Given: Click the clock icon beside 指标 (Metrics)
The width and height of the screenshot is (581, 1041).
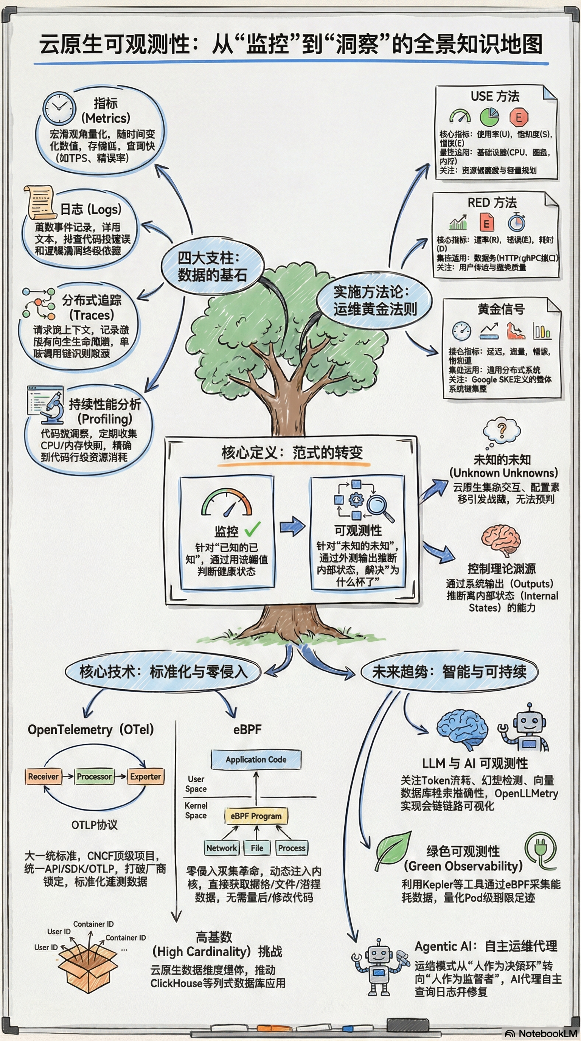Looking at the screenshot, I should click(x=59, y=108).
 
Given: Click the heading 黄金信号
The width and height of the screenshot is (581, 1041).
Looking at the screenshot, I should click(x=501, y=309).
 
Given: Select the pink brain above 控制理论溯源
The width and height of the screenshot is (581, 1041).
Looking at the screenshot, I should click(x=500, y=539).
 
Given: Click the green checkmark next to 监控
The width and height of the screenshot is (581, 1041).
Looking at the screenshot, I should click(x=253, y=528).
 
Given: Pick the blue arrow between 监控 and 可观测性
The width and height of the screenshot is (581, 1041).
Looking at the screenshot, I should click(x=292, y=526).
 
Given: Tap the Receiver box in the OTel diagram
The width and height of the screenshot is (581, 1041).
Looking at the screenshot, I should click(x=43, y=776).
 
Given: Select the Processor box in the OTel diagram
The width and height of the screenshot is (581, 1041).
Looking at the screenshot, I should click(x=94, y=776).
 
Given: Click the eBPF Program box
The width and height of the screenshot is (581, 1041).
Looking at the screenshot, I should click(x=256, y=816).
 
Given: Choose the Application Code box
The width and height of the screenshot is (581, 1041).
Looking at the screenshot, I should click(x=256, y=759).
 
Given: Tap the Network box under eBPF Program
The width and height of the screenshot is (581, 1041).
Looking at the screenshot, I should click(x=221, y=848).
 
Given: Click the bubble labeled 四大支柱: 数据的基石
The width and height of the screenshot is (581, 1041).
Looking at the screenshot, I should click(x=212, y=266).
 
